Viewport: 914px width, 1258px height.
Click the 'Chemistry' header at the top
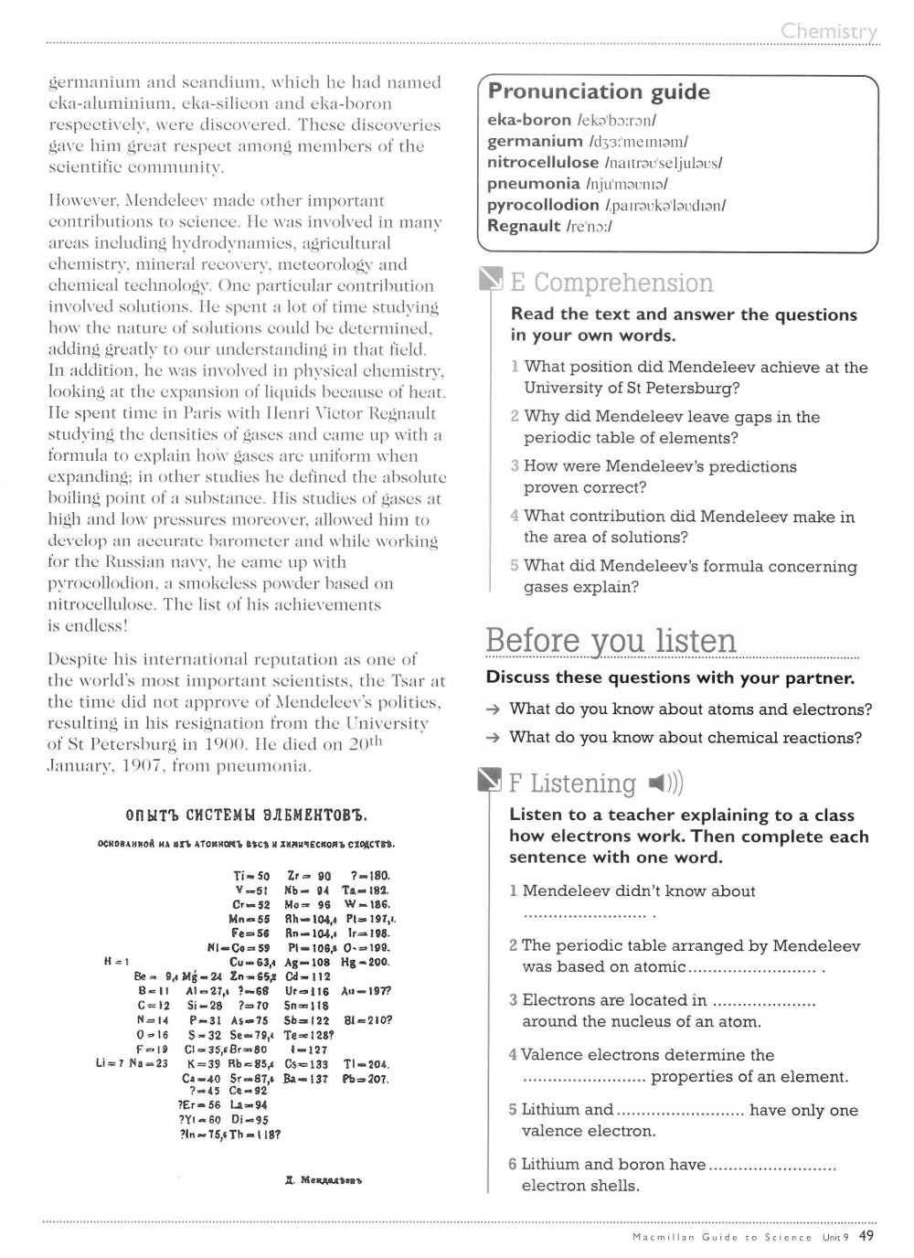[x=829, y=32]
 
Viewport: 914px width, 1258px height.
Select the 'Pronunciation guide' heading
[x=599, y=92]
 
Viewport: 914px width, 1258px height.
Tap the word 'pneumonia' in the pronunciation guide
[x=533, y=184]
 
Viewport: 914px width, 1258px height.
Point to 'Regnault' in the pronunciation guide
[x=524, y=226]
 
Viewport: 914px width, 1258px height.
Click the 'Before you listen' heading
[x=611, y=640]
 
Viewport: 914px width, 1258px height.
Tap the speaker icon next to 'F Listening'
[x=664, y=784]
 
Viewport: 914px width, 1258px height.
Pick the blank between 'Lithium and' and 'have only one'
[x=681, y=1111]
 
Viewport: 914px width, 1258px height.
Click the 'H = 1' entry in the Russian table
[x=119, y=961]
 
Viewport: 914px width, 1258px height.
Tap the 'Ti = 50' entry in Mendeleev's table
[x=252, y=875]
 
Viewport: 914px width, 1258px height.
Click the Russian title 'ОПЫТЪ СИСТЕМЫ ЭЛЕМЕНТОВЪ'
[x=245, y=815]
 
